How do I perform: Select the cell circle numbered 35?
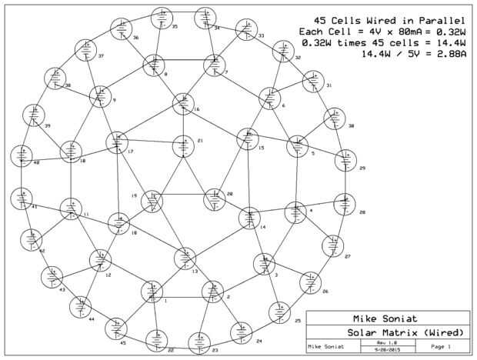pyautogui.click(x=163, y=18)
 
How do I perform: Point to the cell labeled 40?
pyautogui.click(x=23, y=155)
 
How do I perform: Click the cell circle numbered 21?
pyautogui.click(x=183, y=146)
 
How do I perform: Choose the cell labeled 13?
pyautogui.click(x=185, y=258)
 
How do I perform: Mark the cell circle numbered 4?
pyautogui.click(x=296, y=212)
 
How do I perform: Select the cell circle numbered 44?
pyautogui.click(x=81, y=307)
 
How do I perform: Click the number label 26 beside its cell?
pyautogui.click(x=325, y=292)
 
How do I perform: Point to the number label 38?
pyautogui.click(x=68, y=85)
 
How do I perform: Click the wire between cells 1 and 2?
pyautogui.click(x=182, y=295)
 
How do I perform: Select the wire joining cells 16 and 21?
pyautogui.click(x=183, y=125)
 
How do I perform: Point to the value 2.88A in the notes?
pyautogui.click(x=446, y=55)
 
